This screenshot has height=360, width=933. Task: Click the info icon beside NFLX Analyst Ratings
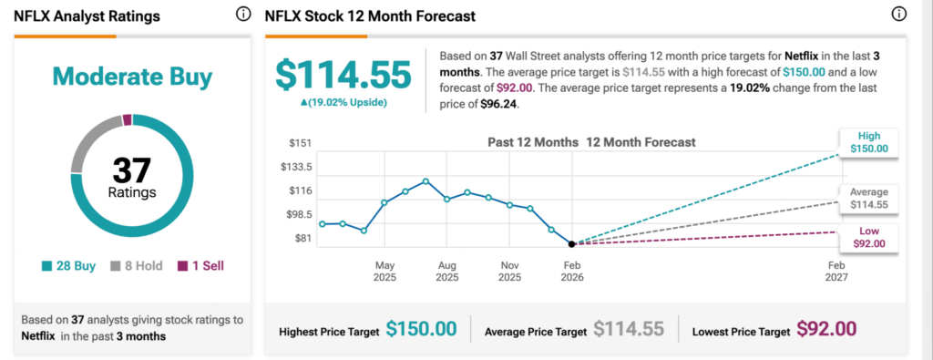click(242, 15)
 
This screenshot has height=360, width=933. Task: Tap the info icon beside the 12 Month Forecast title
click(899, 15)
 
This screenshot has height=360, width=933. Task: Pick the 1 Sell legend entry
click(200, 266)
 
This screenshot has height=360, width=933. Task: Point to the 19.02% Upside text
click(343, 103)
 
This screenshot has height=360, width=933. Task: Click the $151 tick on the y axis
click(300, 143)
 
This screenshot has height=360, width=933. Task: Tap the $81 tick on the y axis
click(303, 239)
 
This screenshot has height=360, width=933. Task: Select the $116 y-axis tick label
click(300, 190)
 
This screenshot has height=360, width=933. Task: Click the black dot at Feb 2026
click(571, 244)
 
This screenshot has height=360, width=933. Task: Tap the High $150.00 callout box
click(869, 141)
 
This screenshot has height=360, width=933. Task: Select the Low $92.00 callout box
click(869, 237)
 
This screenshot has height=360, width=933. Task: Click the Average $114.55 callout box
click(868, 199)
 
